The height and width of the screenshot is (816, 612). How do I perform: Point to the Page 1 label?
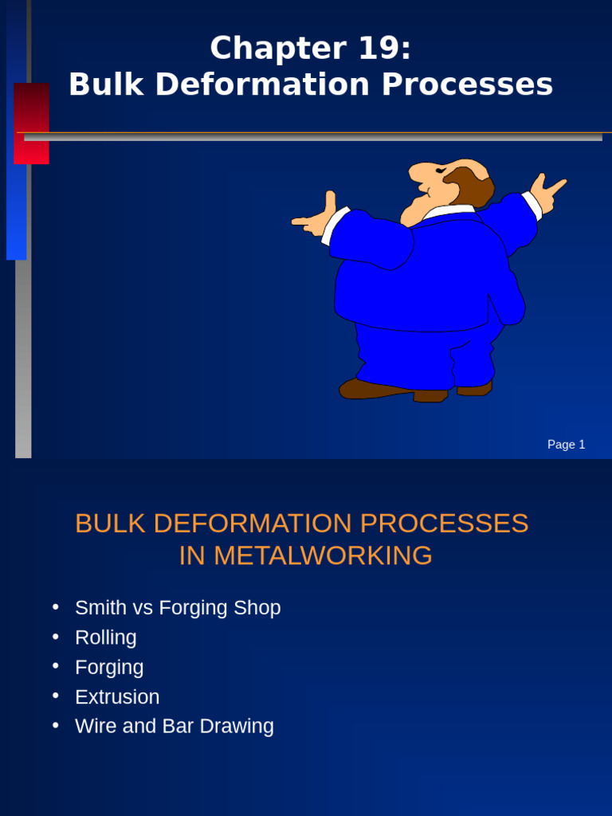(x=566, y=445)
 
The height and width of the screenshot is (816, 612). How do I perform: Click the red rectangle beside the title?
(x=31, y=123)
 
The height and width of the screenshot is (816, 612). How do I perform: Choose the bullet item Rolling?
(x=106, y=637)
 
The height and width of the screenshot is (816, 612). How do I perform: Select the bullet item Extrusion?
(x=117, y=697)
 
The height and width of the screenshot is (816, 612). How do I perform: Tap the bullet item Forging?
(x=109, y=668)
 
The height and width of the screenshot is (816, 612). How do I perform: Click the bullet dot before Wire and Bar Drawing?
(x=56, y=725)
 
